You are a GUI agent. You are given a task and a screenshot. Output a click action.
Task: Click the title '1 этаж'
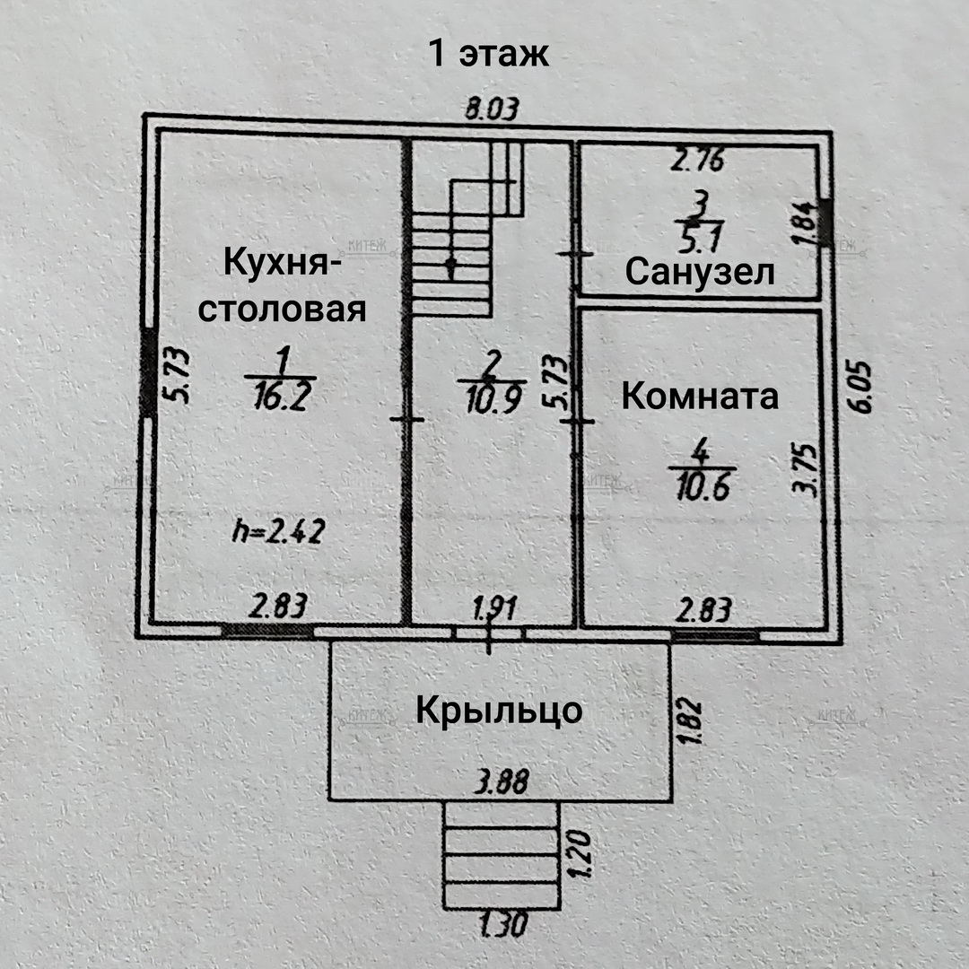488,55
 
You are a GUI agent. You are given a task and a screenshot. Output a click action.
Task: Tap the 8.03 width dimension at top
491,111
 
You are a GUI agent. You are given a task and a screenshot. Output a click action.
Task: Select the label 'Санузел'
700,271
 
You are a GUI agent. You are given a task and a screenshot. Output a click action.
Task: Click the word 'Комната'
700,396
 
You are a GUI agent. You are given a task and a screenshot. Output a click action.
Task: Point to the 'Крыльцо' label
499,711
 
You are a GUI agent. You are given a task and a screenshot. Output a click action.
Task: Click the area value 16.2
280,395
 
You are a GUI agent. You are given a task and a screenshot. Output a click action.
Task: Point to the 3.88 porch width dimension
501,782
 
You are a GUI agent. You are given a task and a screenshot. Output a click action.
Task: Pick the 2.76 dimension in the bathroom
699,161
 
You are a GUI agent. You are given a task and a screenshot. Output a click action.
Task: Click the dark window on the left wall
148,373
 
